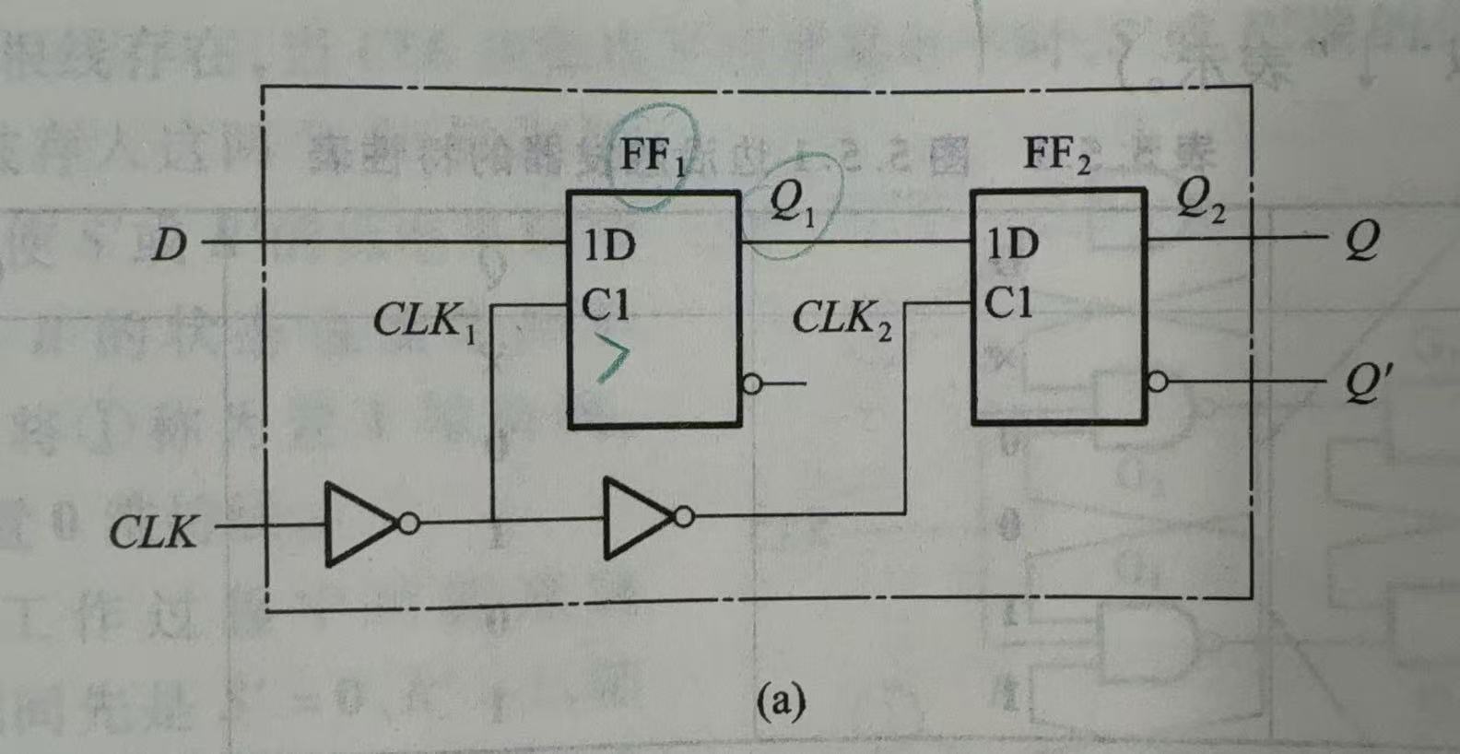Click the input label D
click(169, 245)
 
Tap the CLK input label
click(153, 533)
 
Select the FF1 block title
click(653, 156)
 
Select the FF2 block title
click(1056, 156)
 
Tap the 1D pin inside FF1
click(608, 246)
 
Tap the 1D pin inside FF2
click(1012, 245)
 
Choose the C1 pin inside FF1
click(606, 305)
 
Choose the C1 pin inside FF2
click(1008, 303)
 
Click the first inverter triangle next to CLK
click(358, 524)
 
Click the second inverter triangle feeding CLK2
click(637, 518)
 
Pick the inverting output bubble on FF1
click(752, 384)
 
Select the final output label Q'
click(1362, 382)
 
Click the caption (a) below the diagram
click(780, 702)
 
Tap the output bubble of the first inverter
click(408, 524)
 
